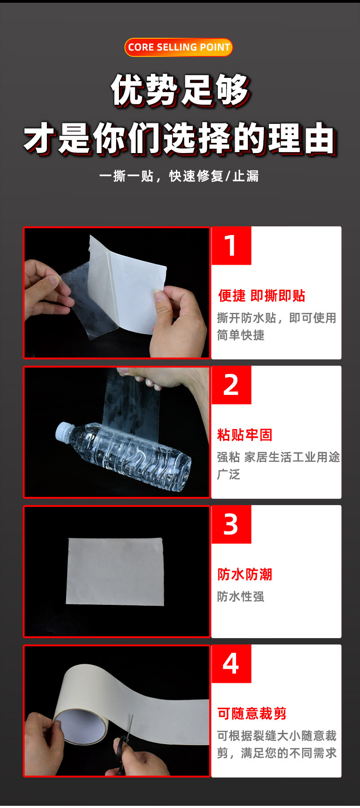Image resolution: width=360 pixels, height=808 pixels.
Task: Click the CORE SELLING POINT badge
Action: tap(179, 47)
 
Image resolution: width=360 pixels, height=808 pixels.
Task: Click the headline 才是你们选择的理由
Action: tap(180, 138)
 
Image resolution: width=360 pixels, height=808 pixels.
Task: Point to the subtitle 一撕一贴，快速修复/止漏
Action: tap(179, 176)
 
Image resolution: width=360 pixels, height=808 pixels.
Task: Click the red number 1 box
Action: tap(231, 245)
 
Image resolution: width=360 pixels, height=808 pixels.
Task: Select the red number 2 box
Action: tap(231, 385)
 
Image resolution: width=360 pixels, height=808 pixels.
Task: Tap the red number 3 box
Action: tap(231, 524)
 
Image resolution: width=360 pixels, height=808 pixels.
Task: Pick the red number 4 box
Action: tap(231, 664)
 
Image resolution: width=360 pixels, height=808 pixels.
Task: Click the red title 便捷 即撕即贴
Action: tap(262, 296)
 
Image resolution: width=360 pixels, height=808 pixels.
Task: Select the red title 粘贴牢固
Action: tap(245, 435)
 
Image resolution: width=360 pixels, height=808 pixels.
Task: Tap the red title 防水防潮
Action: tap(245, 574)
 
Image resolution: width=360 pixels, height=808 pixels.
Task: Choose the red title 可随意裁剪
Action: tap(252, 714)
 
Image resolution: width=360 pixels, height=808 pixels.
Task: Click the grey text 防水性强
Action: tap(241, 596)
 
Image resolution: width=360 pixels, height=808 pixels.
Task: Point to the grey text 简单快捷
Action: tap(241, 335)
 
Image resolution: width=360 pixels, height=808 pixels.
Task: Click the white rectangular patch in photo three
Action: tap(115, 572)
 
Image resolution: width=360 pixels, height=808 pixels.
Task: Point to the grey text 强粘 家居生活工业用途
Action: tap(278, 457)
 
